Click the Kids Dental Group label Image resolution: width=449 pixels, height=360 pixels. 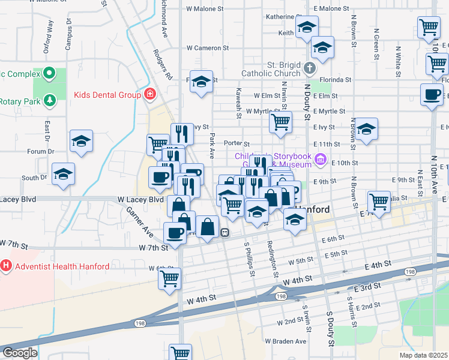[106, 94]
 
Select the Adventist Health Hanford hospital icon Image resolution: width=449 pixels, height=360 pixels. [6, 265]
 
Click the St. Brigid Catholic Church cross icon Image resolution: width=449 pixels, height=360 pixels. [310, 68]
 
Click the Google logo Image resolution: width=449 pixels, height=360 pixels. [20, 353]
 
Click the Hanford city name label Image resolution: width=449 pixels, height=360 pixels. [311, 210]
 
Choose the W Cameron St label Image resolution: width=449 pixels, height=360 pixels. [208, 47]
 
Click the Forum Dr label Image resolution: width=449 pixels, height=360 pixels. [41, 151]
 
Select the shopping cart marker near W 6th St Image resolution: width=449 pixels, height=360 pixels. [170, 278]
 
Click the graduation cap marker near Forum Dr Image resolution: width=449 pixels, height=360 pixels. [81, 142]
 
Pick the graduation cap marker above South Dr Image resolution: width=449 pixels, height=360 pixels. [63, 174]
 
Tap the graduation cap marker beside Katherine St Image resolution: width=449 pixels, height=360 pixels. [307, 27]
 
